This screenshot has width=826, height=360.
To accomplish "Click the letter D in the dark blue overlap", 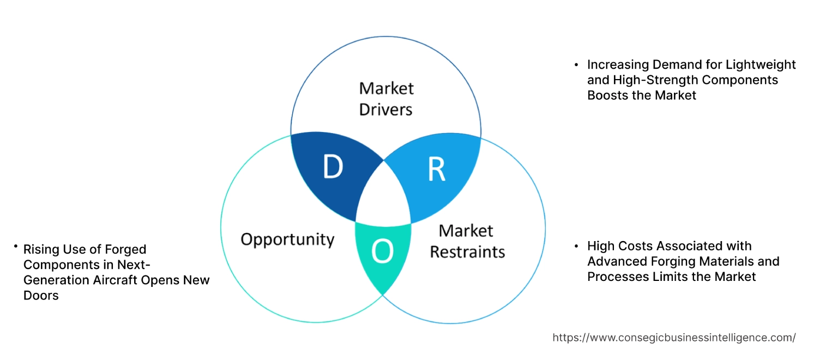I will (333, 167).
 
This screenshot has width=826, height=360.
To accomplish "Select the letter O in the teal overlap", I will (382, 251).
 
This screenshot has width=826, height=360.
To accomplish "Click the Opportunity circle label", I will (287, 239).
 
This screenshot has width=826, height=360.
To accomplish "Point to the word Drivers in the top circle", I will (385, 109).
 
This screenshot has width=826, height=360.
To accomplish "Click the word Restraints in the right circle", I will (467, 251).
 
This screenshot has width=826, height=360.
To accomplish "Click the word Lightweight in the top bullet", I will (761, 65).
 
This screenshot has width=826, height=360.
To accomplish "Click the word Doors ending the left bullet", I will (41, 295).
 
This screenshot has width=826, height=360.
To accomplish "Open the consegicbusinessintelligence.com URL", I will (674, 338).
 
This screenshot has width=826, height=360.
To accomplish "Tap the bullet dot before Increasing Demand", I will (576, 65).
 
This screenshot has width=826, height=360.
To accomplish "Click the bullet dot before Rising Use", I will (16, 248).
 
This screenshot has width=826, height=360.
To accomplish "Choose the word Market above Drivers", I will (386, 88).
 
